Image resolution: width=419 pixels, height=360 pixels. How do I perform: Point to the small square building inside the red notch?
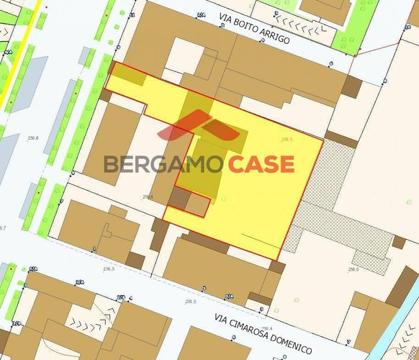[x=197, y=205]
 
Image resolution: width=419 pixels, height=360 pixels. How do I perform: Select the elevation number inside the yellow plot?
[x=287, y=140]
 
